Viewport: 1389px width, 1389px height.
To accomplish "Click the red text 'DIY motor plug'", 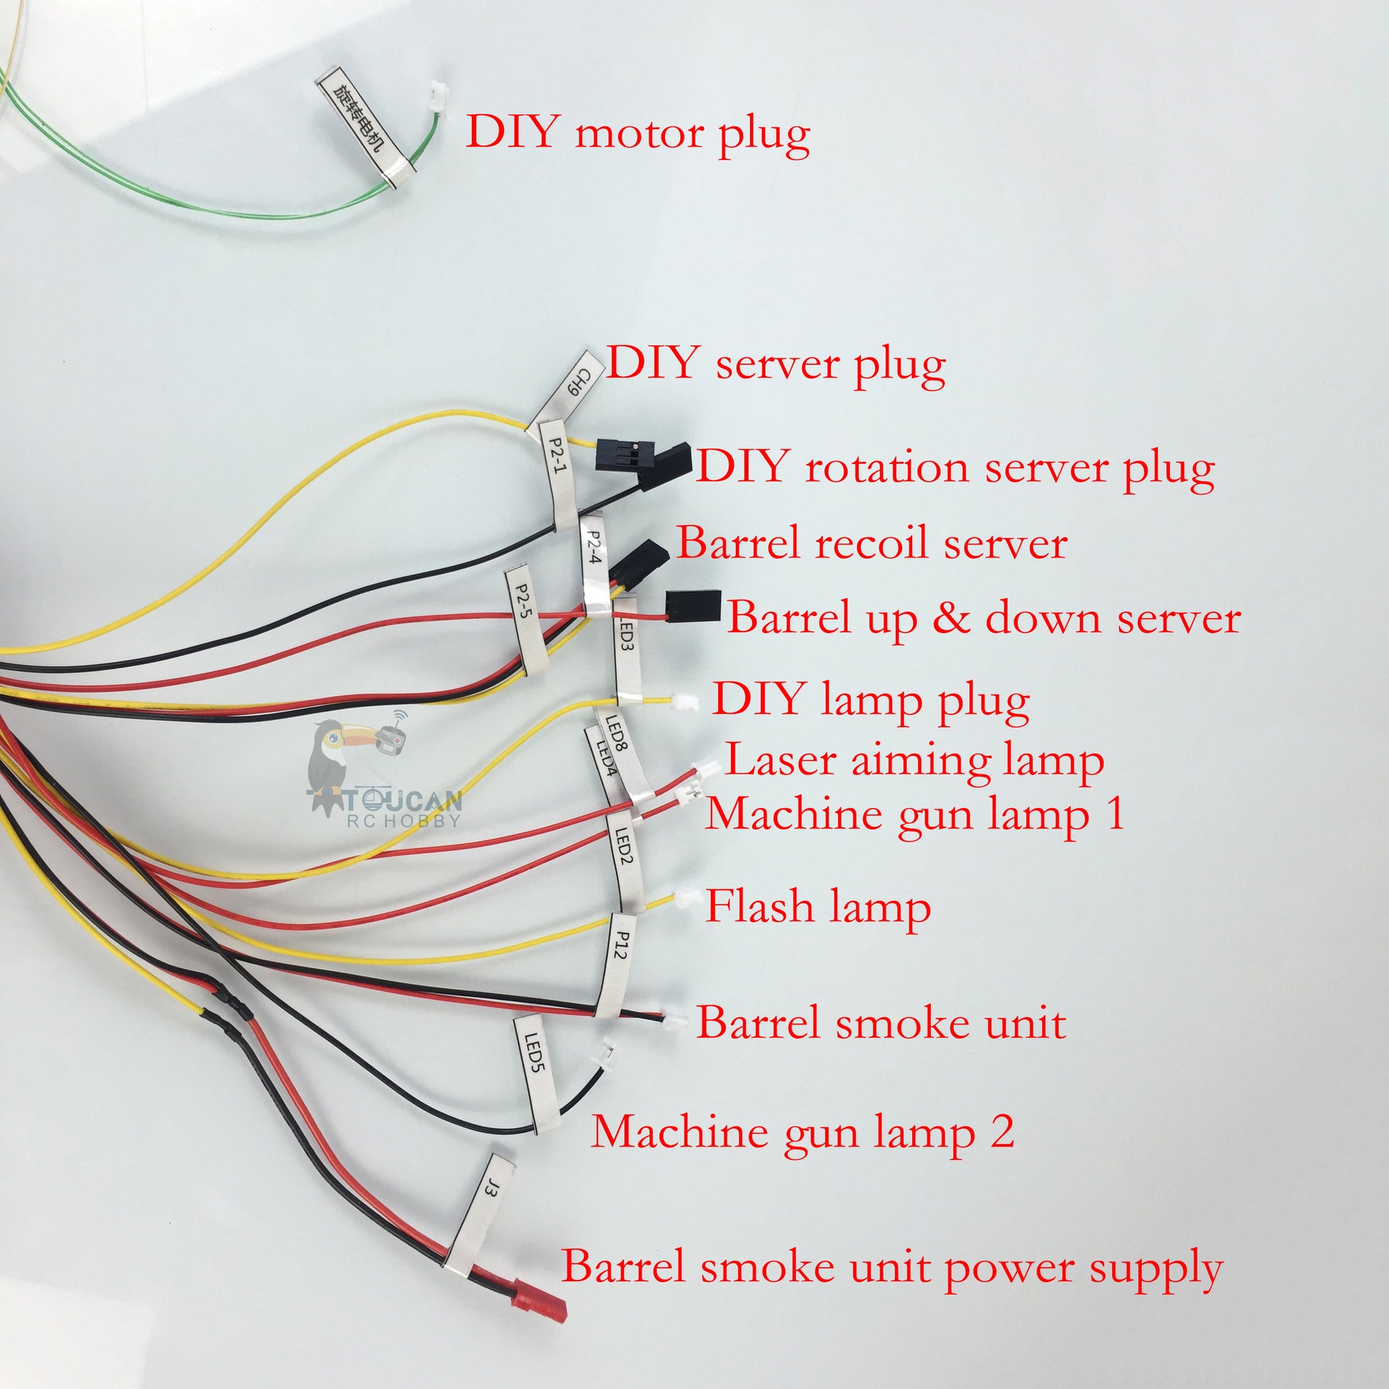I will [637, 133].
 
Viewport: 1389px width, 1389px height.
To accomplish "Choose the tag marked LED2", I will [624, 860].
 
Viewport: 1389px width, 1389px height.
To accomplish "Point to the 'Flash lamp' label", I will [818, 906].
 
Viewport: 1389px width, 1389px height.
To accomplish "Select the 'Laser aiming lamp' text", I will [914, 760].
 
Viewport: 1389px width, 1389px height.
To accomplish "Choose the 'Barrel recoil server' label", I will [872, 542].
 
